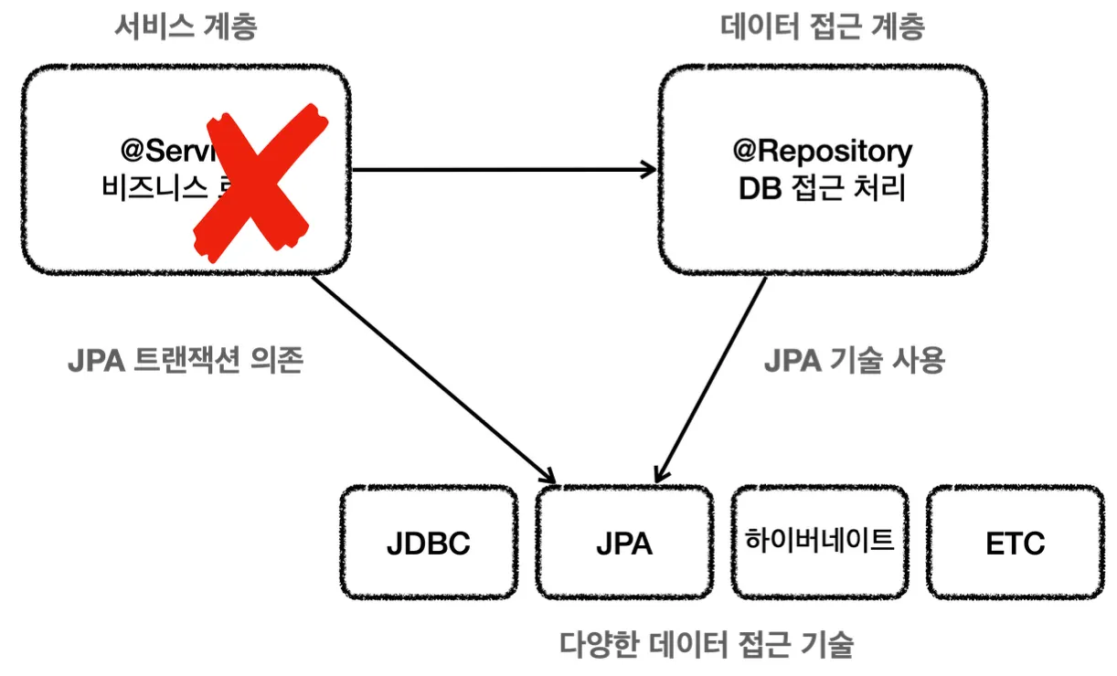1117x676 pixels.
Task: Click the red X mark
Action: pos(261,182)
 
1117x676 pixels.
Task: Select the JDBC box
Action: pos(428,544)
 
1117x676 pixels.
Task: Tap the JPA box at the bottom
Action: pos(624,544)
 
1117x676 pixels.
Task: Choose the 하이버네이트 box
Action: pos(820,539)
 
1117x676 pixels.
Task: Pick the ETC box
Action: pos(1015,544)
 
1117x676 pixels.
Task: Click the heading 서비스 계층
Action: pos(186,27)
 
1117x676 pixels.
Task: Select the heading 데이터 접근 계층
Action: pos(822,27)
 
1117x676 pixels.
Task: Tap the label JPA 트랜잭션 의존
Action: pos(186,362)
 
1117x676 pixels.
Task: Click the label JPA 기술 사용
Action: pos(854,361)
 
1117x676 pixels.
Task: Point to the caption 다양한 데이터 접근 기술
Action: pos(706,645)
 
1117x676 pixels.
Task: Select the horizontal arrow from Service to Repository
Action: pos(503,169)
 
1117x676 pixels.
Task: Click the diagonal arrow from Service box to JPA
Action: pos(434,379)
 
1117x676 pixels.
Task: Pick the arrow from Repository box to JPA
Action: pos(711,379)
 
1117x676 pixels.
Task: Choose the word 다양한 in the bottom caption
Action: pos(595,645)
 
